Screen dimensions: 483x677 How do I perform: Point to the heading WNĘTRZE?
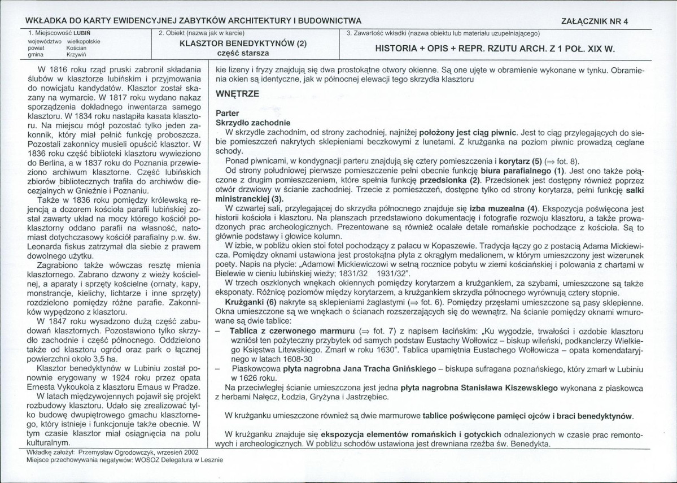234,94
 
